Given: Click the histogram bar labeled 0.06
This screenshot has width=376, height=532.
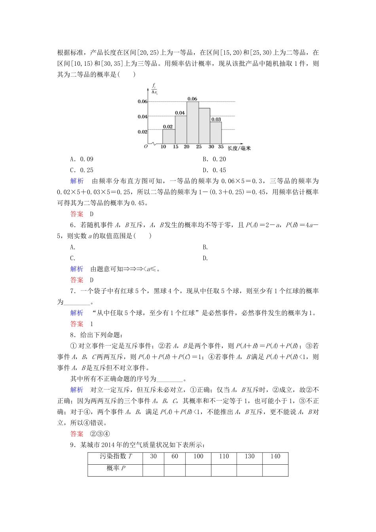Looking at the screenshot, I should click(x=192, y=123).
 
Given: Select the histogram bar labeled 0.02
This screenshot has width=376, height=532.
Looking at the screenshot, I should click(x=168, y=136).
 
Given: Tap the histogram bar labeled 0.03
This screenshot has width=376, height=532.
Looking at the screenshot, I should click(x=216, y=133).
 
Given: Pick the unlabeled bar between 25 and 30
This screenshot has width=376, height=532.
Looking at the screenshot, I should click(x=204, y=126).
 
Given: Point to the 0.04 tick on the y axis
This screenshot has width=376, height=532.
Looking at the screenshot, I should click(x=142, y=117).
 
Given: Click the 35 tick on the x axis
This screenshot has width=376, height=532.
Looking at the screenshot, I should click(x=221, y=146).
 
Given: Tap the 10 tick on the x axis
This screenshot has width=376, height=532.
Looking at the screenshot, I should click(x=163, y=146).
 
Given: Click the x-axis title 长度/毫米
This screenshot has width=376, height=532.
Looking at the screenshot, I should click(x=239, y=148).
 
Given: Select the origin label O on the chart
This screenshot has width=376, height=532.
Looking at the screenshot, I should click(x=146, y=146).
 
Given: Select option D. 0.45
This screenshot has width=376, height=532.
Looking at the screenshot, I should click(x=214, y=170).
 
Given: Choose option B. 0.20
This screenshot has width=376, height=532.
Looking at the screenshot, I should click(x=214, y=159).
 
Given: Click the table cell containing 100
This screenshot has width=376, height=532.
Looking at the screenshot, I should click(x=198, y=456).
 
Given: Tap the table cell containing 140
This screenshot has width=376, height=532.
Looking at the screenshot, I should click(x=275, y=456).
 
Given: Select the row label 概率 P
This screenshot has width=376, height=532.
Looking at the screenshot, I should click(x=116, y=468).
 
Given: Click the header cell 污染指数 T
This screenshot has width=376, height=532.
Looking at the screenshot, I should click(x=116, y=456).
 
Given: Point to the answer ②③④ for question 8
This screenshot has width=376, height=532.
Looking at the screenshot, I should click(x=100, y=433).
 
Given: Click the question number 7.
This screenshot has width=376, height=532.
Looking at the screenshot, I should click(x=72, y=291).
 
